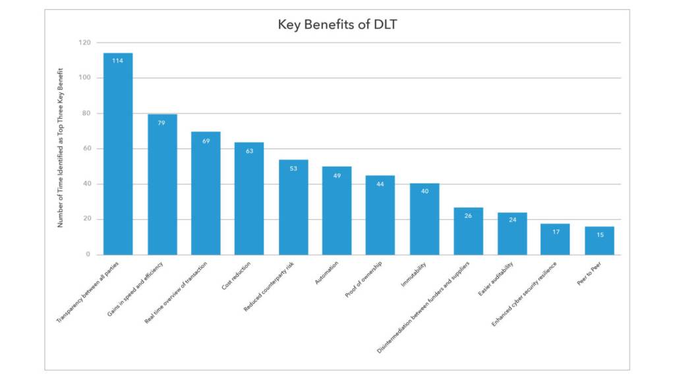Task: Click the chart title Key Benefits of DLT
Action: coord(337,25)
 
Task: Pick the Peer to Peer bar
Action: coord(599,241)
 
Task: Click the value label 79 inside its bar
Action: coord(162,123)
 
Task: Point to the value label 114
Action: coord(118,61)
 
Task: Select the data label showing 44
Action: coord(380,184)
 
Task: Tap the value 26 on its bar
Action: coord(468,216)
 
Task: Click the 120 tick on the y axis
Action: coord(84,43)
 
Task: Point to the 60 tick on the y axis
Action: coord(86,149)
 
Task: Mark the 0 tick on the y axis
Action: coord(88,255)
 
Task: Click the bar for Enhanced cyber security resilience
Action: coord(555,240)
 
